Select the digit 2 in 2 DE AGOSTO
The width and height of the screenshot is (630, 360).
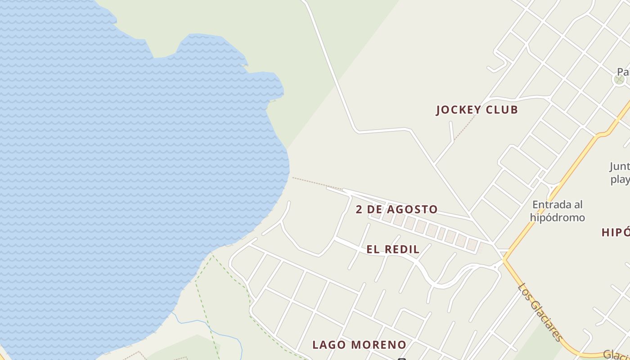[x=359, y=210]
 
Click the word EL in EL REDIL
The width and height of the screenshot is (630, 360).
[x=373, y=249]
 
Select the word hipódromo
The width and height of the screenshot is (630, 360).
[x=557, y=218]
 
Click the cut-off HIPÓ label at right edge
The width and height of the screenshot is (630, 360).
[x=616, y=233]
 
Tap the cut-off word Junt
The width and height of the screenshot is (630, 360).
[x=620, y=166]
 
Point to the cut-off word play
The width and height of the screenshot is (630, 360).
[x=620, y=180]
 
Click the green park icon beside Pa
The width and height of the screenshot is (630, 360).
[x=619, y=80]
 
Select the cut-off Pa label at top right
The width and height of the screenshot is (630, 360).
[x=623, y=72]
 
